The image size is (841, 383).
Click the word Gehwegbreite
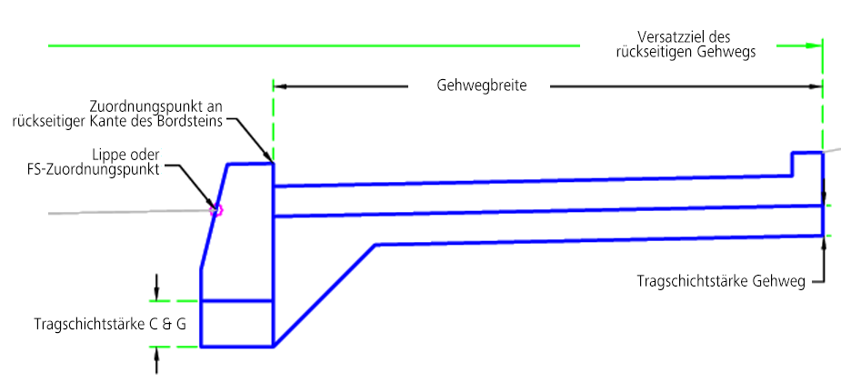coord(482,86)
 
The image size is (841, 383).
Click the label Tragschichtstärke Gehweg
coord(721,282)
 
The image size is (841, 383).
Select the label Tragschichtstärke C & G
coord(110,325)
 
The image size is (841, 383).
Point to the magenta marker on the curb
coord(216,210)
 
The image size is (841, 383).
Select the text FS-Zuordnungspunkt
coord(93,170)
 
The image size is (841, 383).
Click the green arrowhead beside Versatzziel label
coord(815,46)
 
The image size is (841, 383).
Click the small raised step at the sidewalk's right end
coord(807,164)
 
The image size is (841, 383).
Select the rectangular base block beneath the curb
coord(237,324)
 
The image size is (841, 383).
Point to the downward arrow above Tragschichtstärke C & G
coord(156,287)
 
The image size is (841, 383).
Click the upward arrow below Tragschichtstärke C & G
coord(156,360)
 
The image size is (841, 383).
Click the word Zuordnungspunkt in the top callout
coord(145,106)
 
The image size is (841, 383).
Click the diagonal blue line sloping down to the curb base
coord(325,296)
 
